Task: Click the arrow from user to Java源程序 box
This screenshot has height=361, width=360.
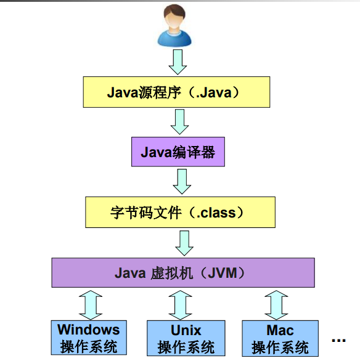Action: coord(177,61)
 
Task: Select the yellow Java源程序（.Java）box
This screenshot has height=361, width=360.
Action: coord(176,92)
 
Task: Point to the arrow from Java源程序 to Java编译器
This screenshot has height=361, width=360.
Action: coord(179,121)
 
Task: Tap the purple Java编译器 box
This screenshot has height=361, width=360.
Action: coord(178,152)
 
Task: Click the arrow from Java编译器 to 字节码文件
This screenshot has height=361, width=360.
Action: coord(181,182)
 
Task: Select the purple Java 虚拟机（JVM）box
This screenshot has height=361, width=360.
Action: coord(182,273)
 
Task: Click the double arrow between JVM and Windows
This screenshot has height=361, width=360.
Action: coord(91,304)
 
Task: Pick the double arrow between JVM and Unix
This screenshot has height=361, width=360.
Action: coord(181,304)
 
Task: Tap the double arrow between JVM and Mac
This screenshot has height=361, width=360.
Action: coord(276,304)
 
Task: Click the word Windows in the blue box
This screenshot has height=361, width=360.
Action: coord(89,330)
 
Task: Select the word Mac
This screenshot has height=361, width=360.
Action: coord(280,330)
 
